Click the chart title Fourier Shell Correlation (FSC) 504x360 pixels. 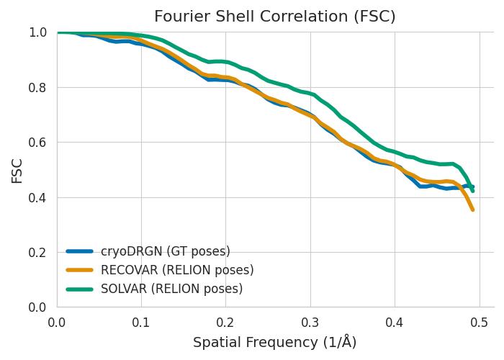tap(275, 16)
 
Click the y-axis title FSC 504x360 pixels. tap(17, 170)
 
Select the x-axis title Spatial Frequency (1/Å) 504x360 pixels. tap(275, 343)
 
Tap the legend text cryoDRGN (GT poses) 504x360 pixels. tap(166, 251)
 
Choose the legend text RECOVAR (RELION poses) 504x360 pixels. tap(177, 270)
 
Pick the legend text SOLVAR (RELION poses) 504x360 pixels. tap(171, 289)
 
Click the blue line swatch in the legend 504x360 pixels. tap(80, 251)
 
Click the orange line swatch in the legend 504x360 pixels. tap(80, 270)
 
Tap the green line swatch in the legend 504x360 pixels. tap(80, 289)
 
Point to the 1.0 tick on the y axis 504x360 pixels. tap(40, 32)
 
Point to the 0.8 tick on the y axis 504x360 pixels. tap(40, 87)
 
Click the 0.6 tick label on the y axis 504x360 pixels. tap(40, 143)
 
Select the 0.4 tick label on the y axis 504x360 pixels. tap(40, 197)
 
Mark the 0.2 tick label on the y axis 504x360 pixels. tap(40, 253)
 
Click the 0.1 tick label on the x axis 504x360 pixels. tap(141, 321)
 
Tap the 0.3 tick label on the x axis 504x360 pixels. tap(310, 321)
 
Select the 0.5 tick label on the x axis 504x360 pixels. tap(479, 321)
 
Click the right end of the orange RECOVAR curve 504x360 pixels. tap(472, 210)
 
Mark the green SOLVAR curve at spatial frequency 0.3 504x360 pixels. tap(310, 94)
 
